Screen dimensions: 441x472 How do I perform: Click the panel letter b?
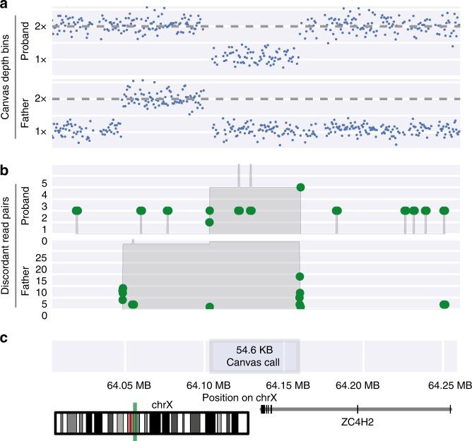pos(4,170)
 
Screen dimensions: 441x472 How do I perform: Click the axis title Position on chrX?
pos(239,398)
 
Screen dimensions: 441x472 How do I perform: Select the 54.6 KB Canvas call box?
pos(255,356)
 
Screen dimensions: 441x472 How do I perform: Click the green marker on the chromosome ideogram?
pos(135,421)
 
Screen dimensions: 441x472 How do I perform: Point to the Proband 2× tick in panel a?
pos(40,26)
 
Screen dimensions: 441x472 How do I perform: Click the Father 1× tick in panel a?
pos(40,131)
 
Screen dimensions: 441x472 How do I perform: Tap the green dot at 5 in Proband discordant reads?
pos(300,187)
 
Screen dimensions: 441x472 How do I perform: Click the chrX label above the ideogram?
pos(163,406)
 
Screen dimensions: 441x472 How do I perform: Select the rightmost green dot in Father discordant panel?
pos(444,305)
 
